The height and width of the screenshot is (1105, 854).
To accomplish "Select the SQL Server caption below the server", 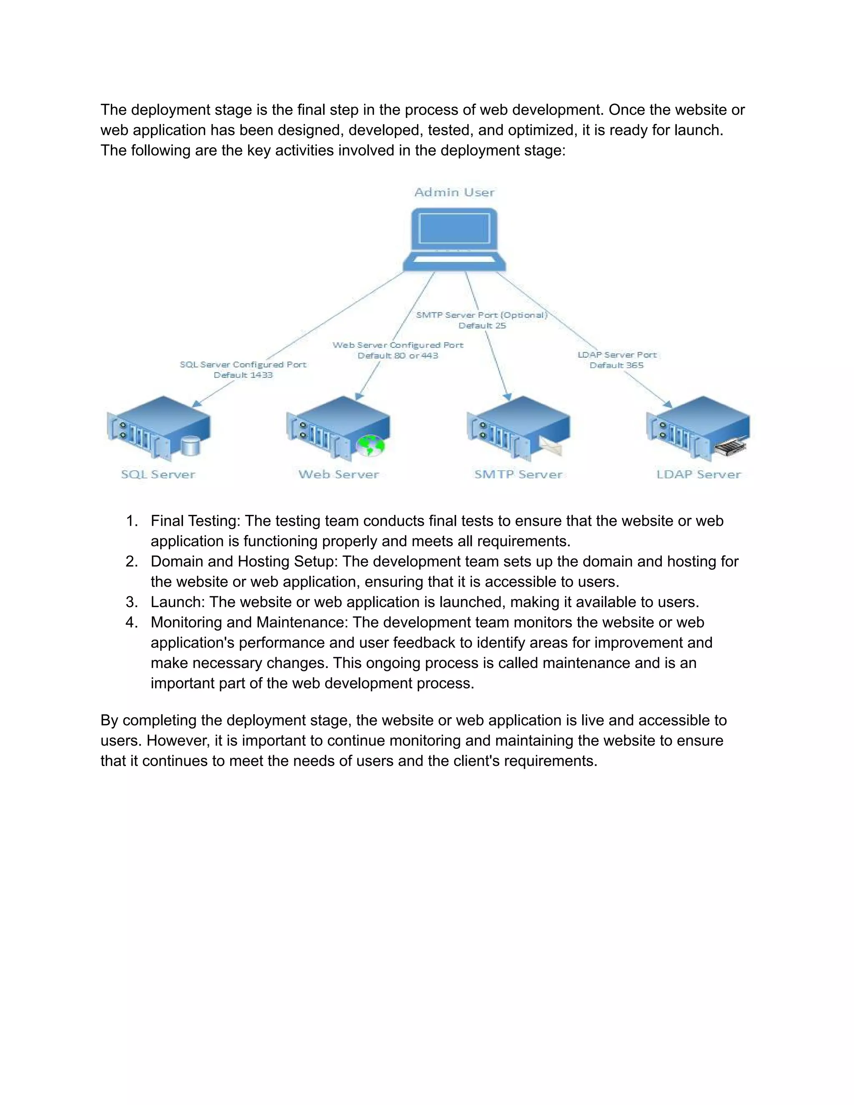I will (x=158, y=475).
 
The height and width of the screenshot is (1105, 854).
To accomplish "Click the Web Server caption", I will (x=339, y=475).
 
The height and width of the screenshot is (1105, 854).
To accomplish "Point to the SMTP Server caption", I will (x=518, y=475).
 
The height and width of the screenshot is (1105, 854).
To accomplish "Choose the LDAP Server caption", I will (x=698, y=475).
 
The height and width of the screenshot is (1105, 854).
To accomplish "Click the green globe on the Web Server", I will (x=370, y=445).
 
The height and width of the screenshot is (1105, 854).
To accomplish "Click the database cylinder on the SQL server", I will (x=191, y=446).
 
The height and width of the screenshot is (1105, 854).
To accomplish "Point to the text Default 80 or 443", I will (x=398, y=356).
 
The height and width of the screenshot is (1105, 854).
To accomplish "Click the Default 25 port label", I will (x=482, y=326).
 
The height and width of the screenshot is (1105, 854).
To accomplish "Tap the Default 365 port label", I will (x=616, y=365).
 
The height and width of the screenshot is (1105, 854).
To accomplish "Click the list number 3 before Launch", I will (x=131, y=602).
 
